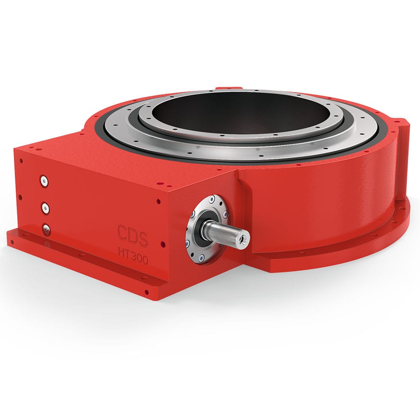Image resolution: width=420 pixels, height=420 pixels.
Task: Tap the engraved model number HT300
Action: coord(133,255)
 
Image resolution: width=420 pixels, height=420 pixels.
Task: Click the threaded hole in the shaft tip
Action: coord(244,239)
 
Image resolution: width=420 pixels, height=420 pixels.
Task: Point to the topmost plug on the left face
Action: coord(44,181)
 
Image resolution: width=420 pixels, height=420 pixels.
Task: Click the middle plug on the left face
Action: coord(44,207)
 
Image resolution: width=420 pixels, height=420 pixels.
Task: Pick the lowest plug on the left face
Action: coord(45,230)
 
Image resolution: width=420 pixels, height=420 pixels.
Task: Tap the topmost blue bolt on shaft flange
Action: coord(212,199)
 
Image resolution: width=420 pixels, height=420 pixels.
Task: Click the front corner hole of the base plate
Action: coord(147,292)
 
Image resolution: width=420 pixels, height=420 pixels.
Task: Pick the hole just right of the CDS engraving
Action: coord(162,244)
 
